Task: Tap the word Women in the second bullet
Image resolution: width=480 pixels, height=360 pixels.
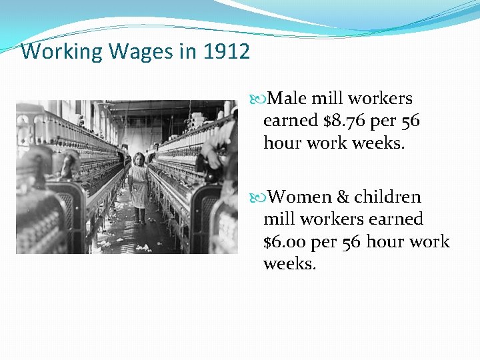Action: tap(300, 197)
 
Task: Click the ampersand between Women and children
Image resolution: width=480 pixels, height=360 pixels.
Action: tap(343, 197)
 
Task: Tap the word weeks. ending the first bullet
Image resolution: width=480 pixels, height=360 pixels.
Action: tap(383, 143)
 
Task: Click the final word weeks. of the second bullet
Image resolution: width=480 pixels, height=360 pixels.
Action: tap(290, 264)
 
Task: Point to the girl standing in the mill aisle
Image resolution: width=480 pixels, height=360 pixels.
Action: tap(139, 187)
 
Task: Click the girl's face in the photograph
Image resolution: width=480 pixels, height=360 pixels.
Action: tap(139, 160)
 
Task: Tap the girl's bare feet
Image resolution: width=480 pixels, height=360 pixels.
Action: tap(139, 220)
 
